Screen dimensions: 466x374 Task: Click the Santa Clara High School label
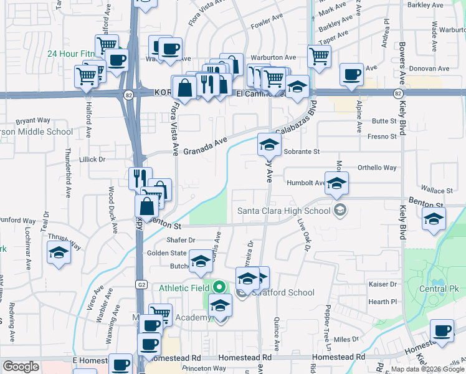point(283,211)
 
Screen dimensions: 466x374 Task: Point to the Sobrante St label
point(301,151)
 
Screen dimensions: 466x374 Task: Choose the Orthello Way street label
point(376,168)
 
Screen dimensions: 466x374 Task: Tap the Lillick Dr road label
point(93,160)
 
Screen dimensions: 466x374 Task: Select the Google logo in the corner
point(21,367)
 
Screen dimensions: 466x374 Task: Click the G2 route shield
point(141,285)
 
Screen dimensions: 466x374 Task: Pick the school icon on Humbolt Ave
point(336,183)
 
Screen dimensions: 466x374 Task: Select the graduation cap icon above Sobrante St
point(269,145)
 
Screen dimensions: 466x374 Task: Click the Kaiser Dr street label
point(382,284)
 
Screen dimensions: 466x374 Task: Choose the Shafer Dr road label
point(181,240)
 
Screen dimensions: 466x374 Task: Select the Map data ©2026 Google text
point(428,369)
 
